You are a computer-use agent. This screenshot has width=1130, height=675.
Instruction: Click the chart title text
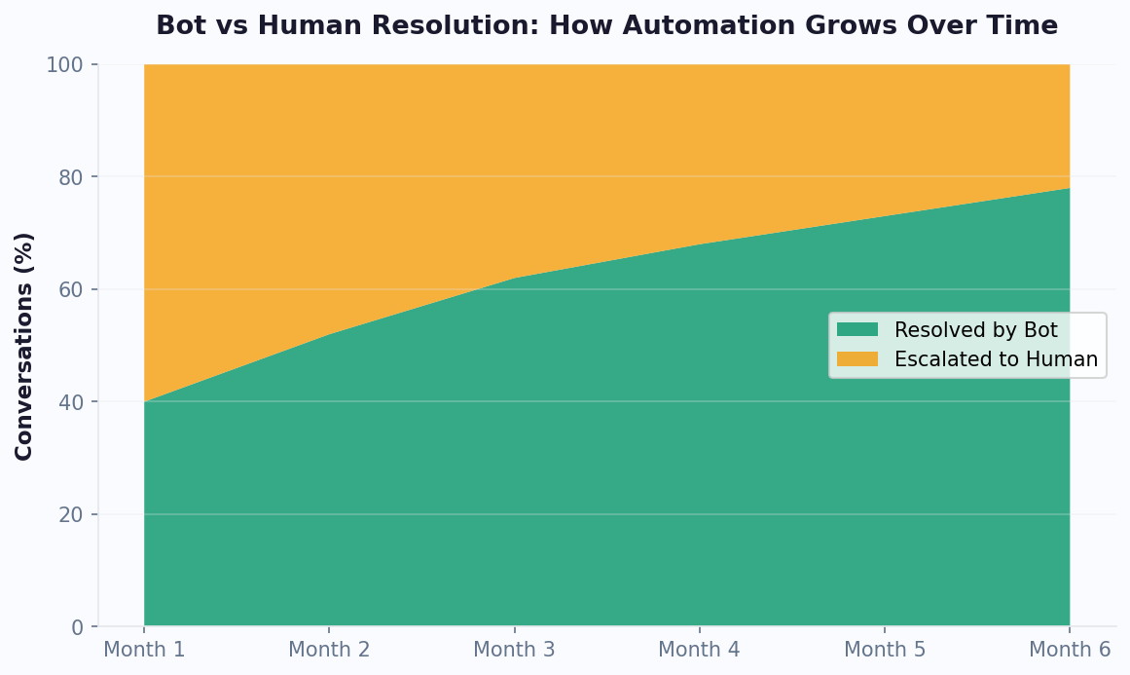[606, 26]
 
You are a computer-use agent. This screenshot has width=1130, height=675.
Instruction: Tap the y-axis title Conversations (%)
[24, 346]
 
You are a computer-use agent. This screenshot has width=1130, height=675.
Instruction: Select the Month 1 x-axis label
[144, 650]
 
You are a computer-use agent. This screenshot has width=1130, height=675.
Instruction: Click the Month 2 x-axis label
[329, 650]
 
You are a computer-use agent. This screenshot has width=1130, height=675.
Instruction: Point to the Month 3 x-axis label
[514, 650]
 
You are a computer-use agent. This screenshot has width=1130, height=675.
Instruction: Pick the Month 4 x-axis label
[699, 650]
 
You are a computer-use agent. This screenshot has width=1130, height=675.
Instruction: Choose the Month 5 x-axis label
[884, 650]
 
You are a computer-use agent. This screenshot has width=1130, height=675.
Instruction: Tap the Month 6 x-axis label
[1069, 650]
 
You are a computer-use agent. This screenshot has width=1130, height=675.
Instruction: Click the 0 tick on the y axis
[77, 627]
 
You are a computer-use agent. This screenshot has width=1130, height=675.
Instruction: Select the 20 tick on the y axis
[71, 514]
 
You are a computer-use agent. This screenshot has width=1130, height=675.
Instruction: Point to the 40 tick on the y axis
[71, 402]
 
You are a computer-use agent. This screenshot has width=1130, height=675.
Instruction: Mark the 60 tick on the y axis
[71, 290]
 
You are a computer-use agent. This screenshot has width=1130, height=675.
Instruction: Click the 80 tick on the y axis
[71, 177]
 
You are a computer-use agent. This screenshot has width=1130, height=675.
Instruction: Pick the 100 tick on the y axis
[66, 65]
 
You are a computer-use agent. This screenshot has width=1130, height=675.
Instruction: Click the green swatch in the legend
[857, 330]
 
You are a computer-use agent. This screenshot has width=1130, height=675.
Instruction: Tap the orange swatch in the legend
[857, 359]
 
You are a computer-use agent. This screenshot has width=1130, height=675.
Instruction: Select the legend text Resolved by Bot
[975, 330]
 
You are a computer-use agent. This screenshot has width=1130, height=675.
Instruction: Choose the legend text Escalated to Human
[996, 359]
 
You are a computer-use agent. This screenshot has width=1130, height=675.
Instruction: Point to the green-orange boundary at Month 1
[144, 401]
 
